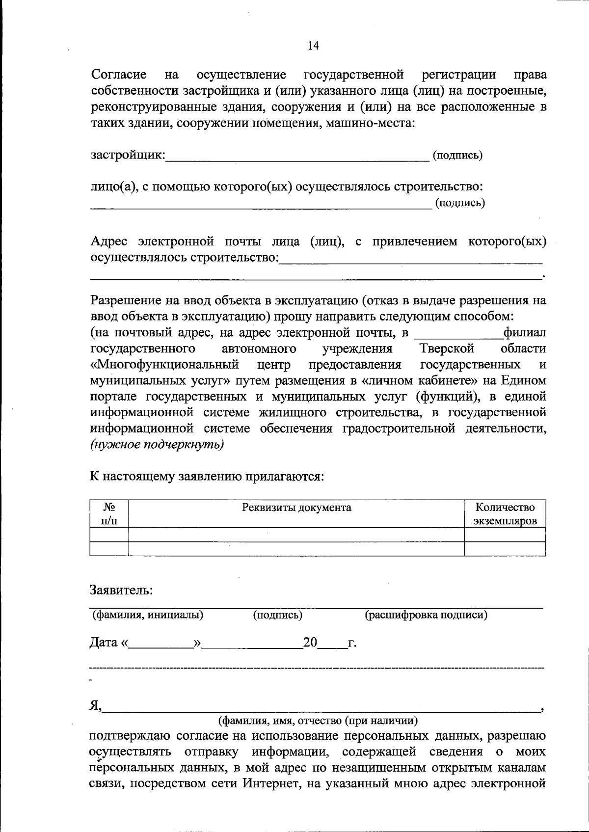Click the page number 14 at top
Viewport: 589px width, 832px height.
[313, 46]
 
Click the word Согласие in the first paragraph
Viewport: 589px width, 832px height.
[119, 75]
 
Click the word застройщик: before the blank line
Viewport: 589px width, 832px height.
[128, 156]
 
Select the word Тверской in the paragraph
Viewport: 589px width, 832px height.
[447, 349]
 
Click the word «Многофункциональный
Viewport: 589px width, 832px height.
[164, 365]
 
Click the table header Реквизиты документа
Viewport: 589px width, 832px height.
[296, 507]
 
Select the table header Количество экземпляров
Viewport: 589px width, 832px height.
[505, 514]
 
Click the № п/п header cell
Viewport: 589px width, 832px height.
[109, 514]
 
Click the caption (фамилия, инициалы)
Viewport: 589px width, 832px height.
[148, 615]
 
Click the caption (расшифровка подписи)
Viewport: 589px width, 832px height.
[426, 615]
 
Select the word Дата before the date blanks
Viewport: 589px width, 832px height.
[104, 643]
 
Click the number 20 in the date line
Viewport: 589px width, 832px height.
[310, 643]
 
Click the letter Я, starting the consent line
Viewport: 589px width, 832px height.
[95, 706]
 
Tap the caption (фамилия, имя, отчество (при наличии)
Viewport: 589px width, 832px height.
[318, 721]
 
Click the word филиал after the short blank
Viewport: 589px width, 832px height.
[525, 333]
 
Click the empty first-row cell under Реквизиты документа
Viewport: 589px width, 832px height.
[296, 535]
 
